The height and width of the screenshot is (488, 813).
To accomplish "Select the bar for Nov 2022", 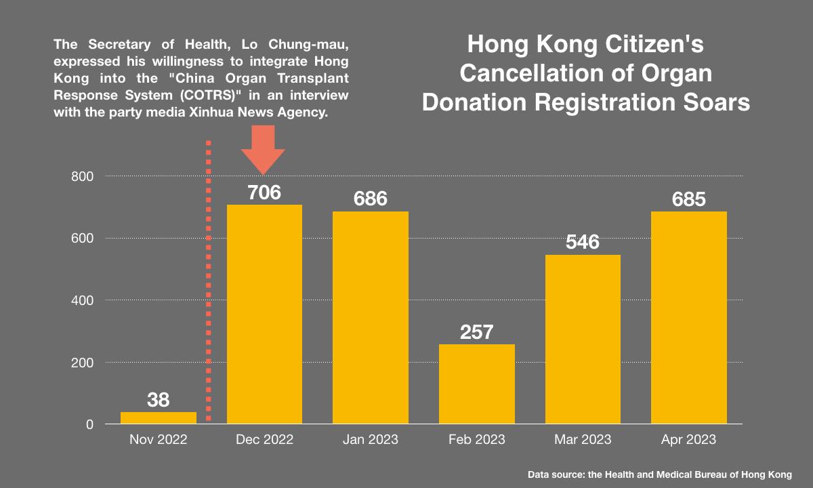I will point(158,418).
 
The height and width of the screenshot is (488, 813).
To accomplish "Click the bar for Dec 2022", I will point(264,314).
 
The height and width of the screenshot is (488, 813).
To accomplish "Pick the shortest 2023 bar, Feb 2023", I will point(476,384).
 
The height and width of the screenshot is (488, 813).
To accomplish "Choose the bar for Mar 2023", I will point(583,339).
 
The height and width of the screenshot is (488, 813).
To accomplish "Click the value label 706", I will point(264,192).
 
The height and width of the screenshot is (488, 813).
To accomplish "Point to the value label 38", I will point(158,400).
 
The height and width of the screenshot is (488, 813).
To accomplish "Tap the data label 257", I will point(476,332).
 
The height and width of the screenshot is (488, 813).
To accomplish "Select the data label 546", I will point(583,242).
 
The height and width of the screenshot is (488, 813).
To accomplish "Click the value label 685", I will point(688,199).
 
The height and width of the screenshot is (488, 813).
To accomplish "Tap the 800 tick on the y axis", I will point(82,176).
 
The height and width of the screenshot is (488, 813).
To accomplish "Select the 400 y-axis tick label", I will point(82,300).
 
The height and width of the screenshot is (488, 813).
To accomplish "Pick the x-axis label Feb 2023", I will point(476,440).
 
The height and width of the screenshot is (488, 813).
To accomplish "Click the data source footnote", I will point(659,474).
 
